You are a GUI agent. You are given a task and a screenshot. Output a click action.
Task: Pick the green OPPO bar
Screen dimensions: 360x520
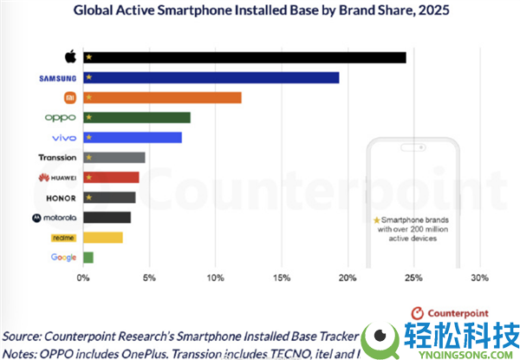pyautogui.click(x=136, y=117)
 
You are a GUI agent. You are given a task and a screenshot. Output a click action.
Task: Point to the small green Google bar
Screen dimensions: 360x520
pyautogui.click(x=88, y=257)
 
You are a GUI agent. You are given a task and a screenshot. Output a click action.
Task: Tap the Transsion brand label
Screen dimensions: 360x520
pyautogui.click(x=58, y=157)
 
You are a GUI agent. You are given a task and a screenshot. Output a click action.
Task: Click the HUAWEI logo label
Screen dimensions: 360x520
pyautogui.click(x=58, y=177)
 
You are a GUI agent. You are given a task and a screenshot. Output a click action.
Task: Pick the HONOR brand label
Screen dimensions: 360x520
pyautogui.click(x=60, y=197)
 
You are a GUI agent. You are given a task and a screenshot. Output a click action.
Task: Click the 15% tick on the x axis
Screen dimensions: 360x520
pyautogui.click(x=281, y=278)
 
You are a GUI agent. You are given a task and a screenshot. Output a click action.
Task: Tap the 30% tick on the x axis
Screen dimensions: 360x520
pyautogui.click(x=478, y=278)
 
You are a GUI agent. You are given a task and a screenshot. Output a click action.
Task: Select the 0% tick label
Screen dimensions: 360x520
pyautogui.click(x=83, y=278)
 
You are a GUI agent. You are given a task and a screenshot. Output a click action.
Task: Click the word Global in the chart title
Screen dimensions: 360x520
pyautogui.click(x=96, y=12)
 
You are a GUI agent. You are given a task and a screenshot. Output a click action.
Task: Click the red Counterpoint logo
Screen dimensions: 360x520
pyautogui.click(x=419, y=311)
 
